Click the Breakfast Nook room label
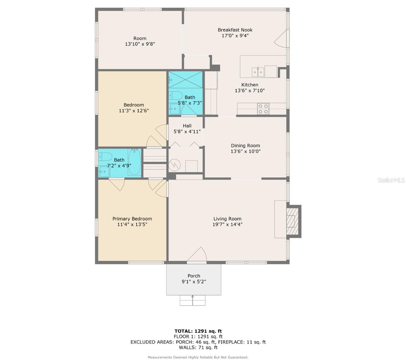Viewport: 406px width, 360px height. click(x=235, y=30)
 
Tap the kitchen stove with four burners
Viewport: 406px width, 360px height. click(x=263, y=109)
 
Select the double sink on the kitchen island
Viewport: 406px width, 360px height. click(x=258, y=72)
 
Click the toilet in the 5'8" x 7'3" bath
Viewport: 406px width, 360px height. click(x=176, y=96)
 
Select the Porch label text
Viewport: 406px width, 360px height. click(x=194, y=276)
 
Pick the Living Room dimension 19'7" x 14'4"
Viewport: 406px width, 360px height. click(x=227, y=224)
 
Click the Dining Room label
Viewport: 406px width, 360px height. click(x=245, y=146)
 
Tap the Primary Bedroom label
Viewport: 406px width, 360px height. click(x=132, y=219)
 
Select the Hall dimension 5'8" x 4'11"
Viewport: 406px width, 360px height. click(x=187, y=131)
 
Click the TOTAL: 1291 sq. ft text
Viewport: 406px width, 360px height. click(x=198, y=331)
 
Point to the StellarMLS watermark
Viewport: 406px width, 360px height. click(x=391, y=180)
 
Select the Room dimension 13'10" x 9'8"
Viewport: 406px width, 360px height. click(x=140, y=44)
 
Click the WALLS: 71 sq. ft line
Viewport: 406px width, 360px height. click(x=198, y=347)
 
